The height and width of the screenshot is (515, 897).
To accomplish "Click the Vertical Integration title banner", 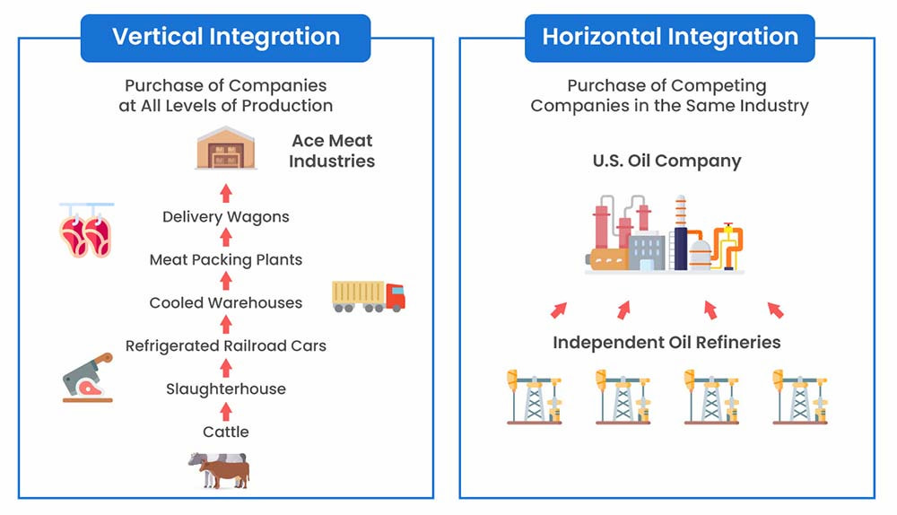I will click(x=225, y=38).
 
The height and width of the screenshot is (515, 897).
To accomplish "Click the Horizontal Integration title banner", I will click(x=669, y=38).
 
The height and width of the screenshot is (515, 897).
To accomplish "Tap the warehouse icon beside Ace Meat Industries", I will click(x=226, y=148).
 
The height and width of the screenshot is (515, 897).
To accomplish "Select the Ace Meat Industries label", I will click(x=332, y=151).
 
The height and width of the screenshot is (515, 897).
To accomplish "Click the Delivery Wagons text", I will click(x=226, y=216).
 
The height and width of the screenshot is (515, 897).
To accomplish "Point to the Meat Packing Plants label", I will click(x=226, y=259).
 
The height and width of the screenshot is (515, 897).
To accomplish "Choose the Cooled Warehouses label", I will click(x=226, y=302).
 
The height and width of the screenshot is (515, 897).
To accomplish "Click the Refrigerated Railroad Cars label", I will click(x=226, y=345).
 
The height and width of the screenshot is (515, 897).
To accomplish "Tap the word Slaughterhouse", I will click(x=226, y=388).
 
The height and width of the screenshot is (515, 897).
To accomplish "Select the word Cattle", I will click(x=226, y=432).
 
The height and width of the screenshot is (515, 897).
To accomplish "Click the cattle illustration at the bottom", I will click(x=219, y=470).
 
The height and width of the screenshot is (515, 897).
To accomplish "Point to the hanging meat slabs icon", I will click(x=85, y=230).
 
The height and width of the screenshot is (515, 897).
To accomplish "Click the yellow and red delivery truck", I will click(x=368, y=296).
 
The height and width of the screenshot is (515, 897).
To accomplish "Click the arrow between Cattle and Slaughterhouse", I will click(x=226, y=411).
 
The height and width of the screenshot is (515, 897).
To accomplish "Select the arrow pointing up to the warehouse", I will click(x=226, y=192).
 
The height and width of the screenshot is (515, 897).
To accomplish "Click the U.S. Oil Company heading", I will click(x=666, y=161).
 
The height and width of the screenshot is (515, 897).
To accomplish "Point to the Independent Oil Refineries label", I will click(x=666, y=343).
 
